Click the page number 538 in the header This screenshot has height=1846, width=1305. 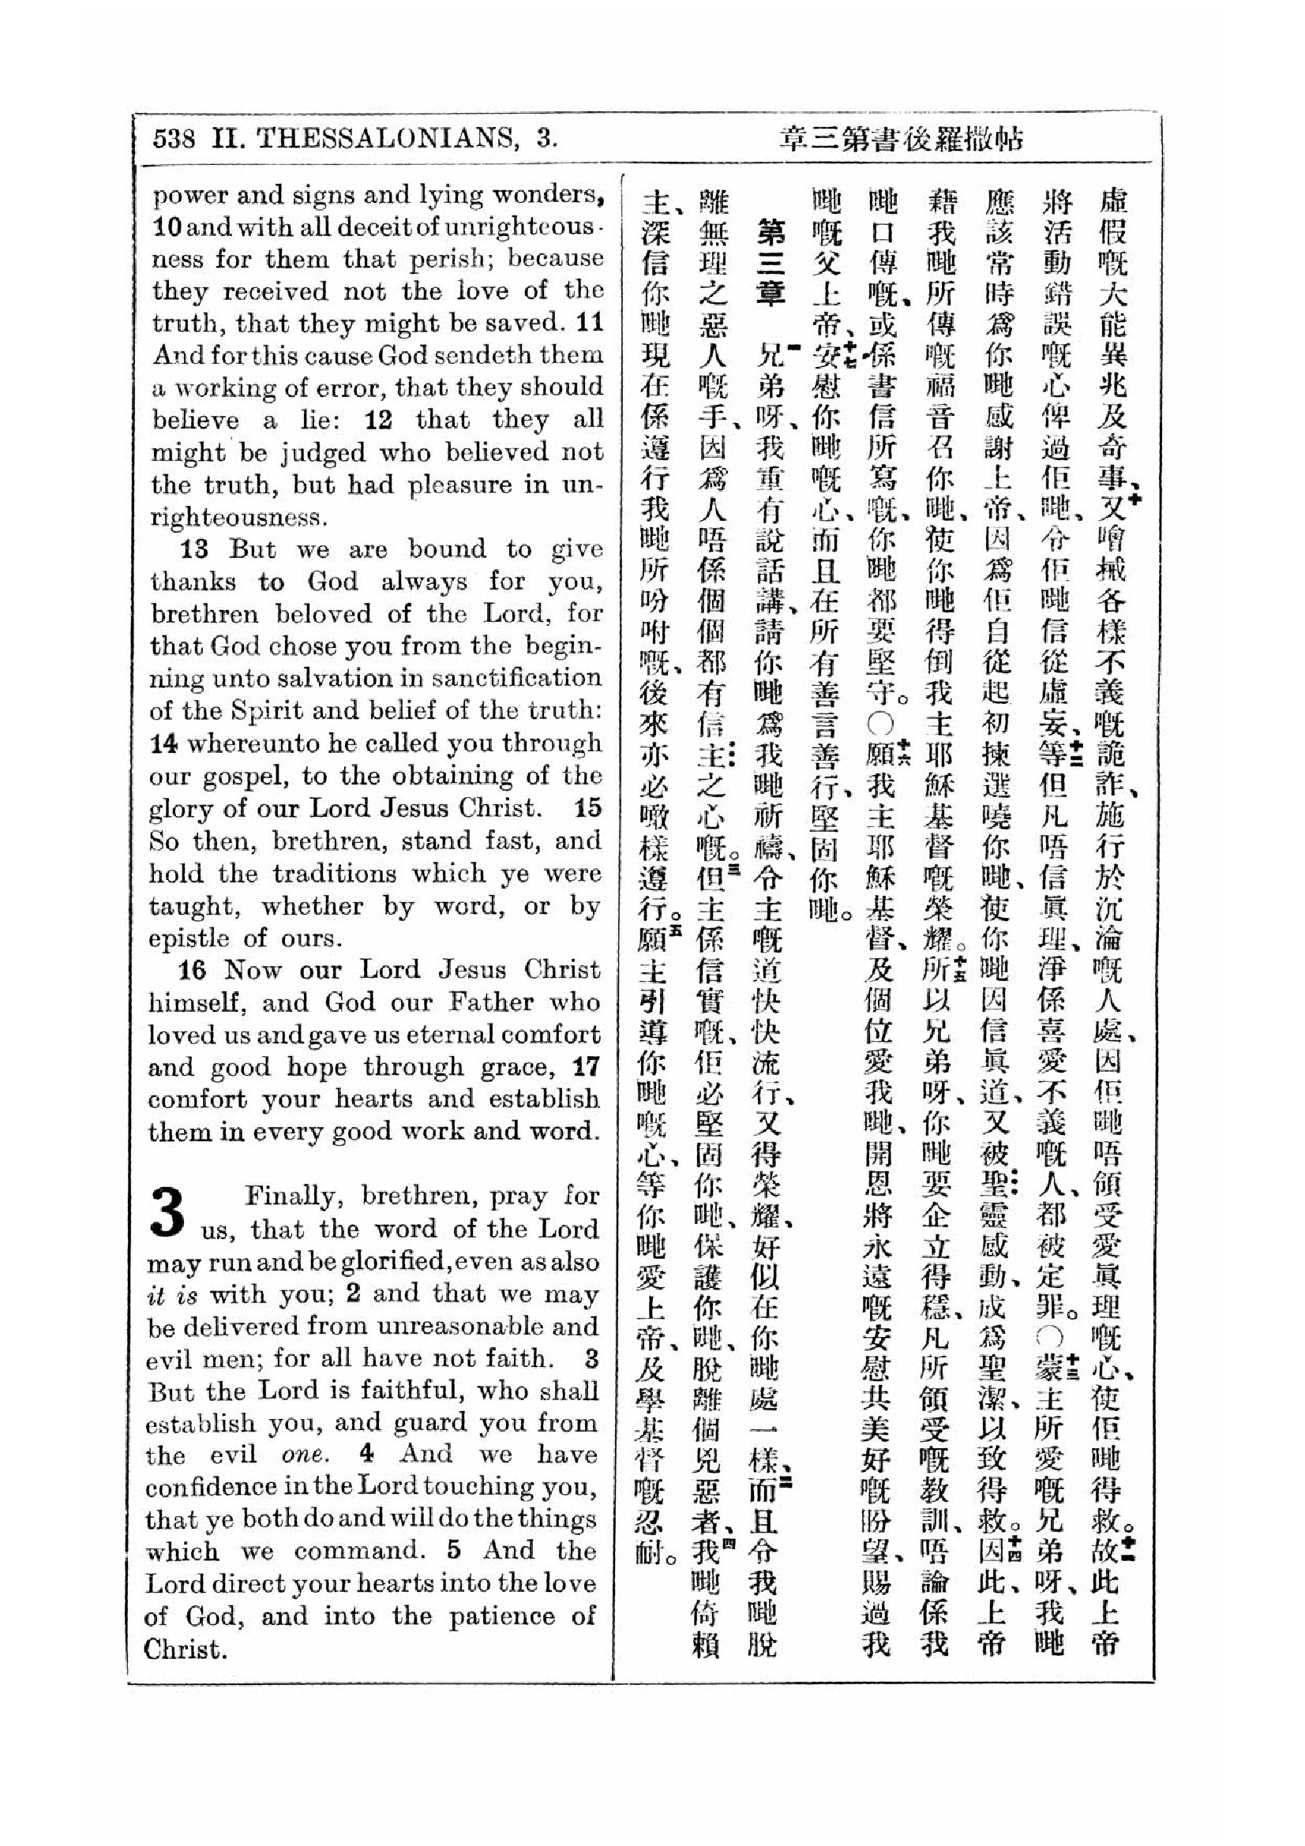(174, 139)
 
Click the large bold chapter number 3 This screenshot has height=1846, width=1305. (168, 1211)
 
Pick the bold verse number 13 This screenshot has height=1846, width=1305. (194, 550)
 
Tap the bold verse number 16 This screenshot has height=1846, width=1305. (193, 970)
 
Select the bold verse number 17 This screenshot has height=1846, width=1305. (585, 1067)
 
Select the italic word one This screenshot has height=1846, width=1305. (305, 1455)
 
